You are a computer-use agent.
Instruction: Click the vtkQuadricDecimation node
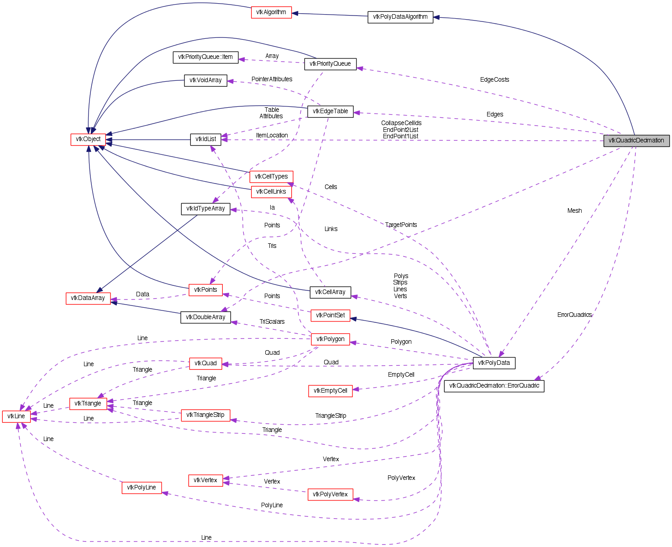tap(636, 141)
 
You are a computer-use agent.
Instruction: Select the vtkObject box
tap(88, 139)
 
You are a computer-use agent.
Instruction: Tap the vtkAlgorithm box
tap(271, 12)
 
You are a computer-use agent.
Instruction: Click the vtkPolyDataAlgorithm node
tap(400, 17)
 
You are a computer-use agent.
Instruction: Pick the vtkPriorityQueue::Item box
tap(205, 57)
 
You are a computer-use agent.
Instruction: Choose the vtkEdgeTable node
tap(330, 111)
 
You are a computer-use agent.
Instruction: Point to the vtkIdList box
tap(205, 139)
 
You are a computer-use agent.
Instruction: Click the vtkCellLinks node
tap(271, 192)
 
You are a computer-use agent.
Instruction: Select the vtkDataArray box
tap(88, 298)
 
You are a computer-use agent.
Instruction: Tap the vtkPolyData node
tap(494, 363)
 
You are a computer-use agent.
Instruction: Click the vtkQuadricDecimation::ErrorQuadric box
tap(494, 386)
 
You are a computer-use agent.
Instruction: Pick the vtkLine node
tap(16, 416)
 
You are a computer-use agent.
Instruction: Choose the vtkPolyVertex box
tap(330, 494)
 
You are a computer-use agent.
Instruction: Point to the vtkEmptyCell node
tap(330, 391)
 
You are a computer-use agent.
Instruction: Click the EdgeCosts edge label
tap(494, 80)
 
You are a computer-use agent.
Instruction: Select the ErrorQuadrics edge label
tap(574, 315)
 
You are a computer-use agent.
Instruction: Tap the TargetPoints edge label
tap(401, 225)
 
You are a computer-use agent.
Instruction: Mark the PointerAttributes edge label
tap(272, 79)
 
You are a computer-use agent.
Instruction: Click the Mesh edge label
tap(574, 211)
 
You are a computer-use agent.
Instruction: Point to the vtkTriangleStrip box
tap(205, 415)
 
